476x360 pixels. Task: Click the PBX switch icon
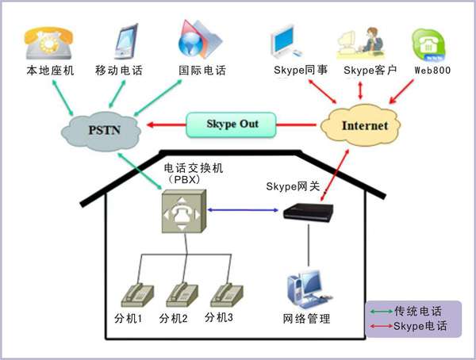182,211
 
